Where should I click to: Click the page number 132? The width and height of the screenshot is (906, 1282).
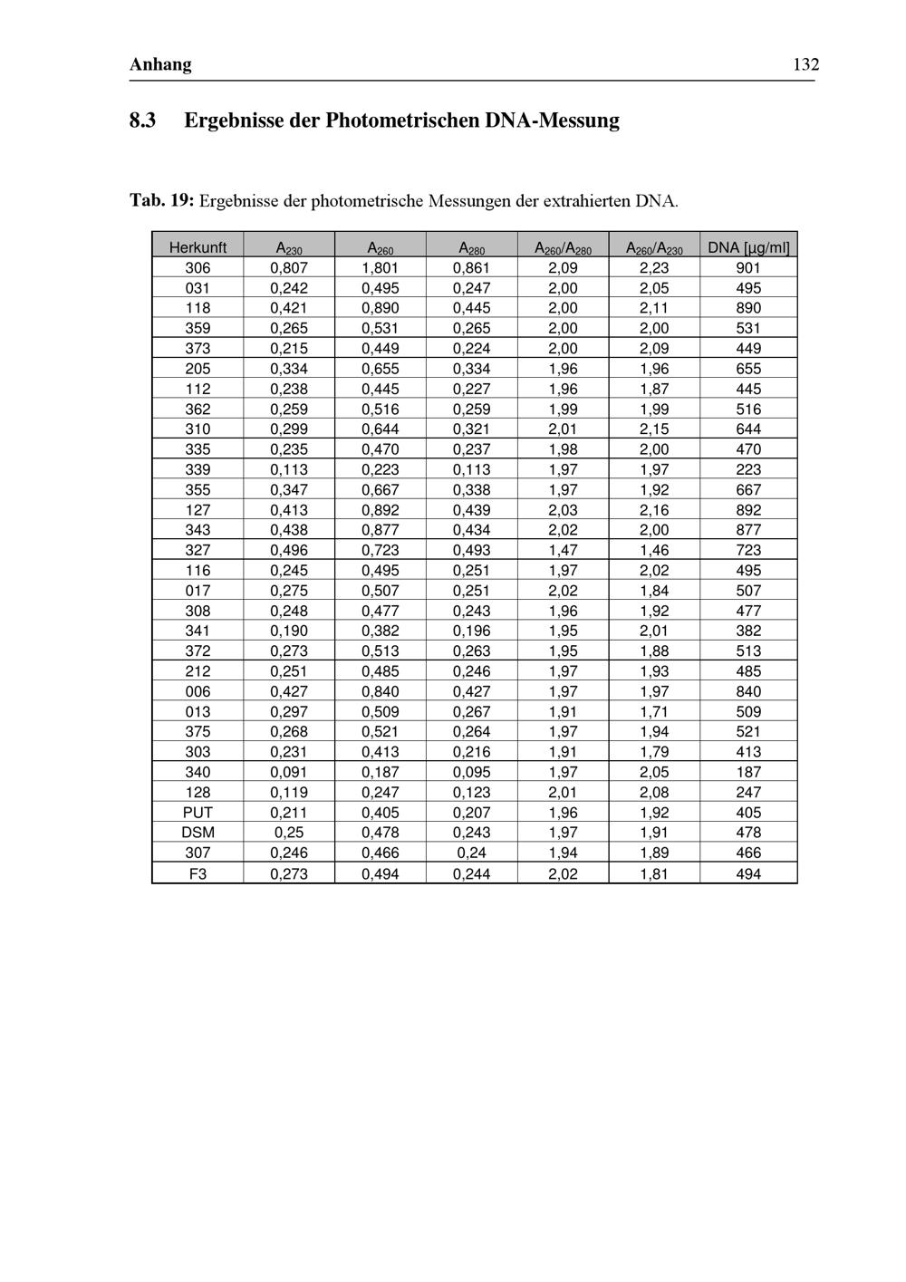[x=805, y=64]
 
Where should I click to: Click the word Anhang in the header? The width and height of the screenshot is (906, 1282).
[x=160, y=64]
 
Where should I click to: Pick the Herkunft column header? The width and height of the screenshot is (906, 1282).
[x=198, y=247]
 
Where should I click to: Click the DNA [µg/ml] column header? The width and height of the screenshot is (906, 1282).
[x=748, y=247]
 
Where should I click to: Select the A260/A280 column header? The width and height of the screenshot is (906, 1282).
[x=563, y=247]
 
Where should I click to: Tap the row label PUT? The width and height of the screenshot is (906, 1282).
[x=198, y=813]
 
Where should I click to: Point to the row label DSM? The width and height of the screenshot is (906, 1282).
[x=198, y=833]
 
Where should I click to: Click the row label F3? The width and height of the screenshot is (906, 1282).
[x=198, y=874]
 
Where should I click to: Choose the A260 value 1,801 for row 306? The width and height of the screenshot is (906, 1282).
[x=380, y=268]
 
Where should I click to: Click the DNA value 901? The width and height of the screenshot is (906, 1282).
[x=748, y=268]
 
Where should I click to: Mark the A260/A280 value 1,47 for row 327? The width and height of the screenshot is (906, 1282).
[x=563, y=550]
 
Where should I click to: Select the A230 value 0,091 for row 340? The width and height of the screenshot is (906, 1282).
[x=289, y=772]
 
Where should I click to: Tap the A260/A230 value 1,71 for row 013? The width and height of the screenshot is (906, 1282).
[x=654, y=712]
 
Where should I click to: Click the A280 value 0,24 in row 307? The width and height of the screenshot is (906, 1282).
[x=471, y=853]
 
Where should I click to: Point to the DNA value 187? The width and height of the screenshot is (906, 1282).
[x=748, y=772]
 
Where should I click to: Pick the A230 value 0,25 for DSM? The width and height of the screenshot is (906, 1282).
[x=289, y=833]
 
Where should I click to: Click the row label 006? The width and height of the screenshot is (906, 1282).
[x=198, y=691]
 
